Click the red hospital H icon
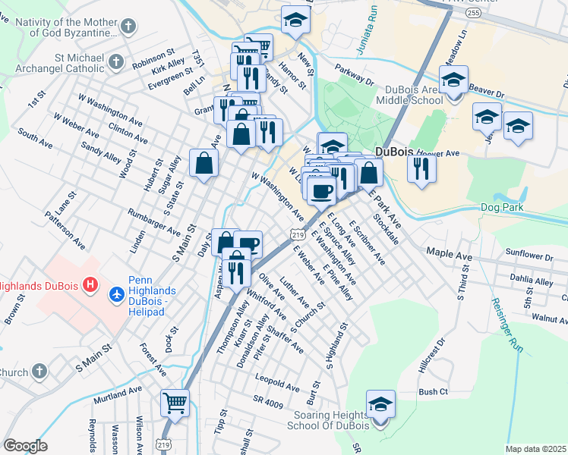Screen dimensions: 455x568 tap(90, 286)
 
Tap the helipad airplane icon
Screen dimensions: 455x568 tap(116, 293)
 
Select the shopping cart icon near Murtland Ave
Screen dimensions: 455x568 tap(175, 403)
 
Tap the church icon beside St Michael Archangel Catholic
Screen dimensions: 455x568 tap(115, 61)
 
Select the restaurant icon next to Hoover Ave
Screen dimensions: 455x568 tap(421, 168)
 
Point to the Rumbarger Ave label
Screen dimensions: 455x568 tap(153, 222)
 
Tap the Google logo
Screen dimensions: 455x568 tap(25, 446)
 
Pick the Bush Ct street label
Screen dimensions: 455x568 tap(434, 392)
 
